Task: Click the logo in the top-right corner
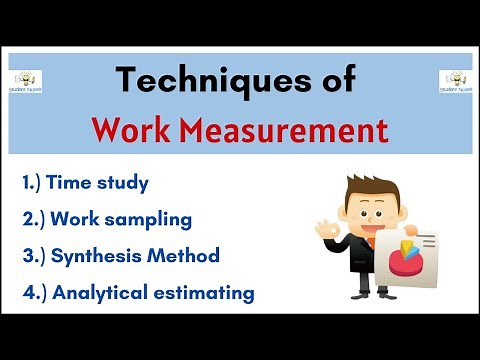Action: (x=454, y=82)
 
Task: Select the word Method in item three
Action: (x=191, y=255)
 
